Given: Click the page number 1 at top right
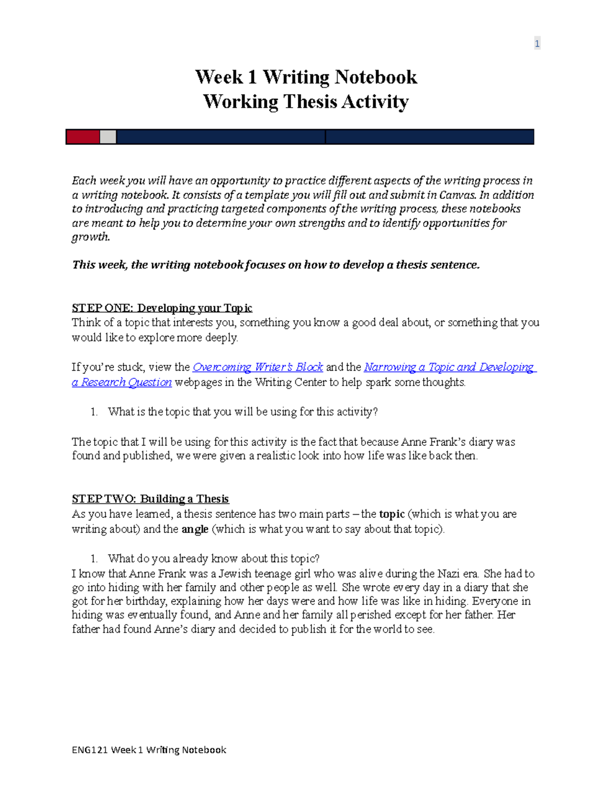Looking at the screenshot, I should [537, 44].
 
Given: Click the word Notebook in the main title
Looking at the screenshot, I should [376, 77].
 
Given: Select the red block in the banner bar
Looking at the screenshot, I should [83, 137].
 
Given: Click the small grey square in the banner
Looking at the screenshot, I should [108, 137].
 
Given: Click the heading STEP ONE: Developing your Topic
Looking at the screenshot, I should [162, 308].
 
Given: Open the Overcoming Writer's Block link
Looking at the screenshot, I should [258, 367].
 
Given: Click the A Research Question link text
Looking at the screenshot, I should [122, 382].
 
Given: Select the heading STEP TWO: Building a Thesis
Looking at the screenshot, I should [150, 499].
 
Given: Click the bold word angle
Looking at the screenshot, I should [195, 529].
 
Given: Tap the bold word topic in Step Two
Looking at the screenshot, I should [392, 514].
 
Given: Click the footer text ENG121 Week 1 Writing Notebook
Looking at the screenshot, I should [149, 750].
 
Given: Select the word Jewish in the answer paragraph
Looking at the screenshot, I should [235, 574].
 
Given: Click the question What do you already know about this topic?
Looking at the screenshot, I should [213, 558].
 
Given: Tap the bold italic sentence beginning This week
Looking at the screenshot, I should [276, 265].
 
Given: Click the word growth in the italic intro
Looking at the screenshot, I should [90, 237].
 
